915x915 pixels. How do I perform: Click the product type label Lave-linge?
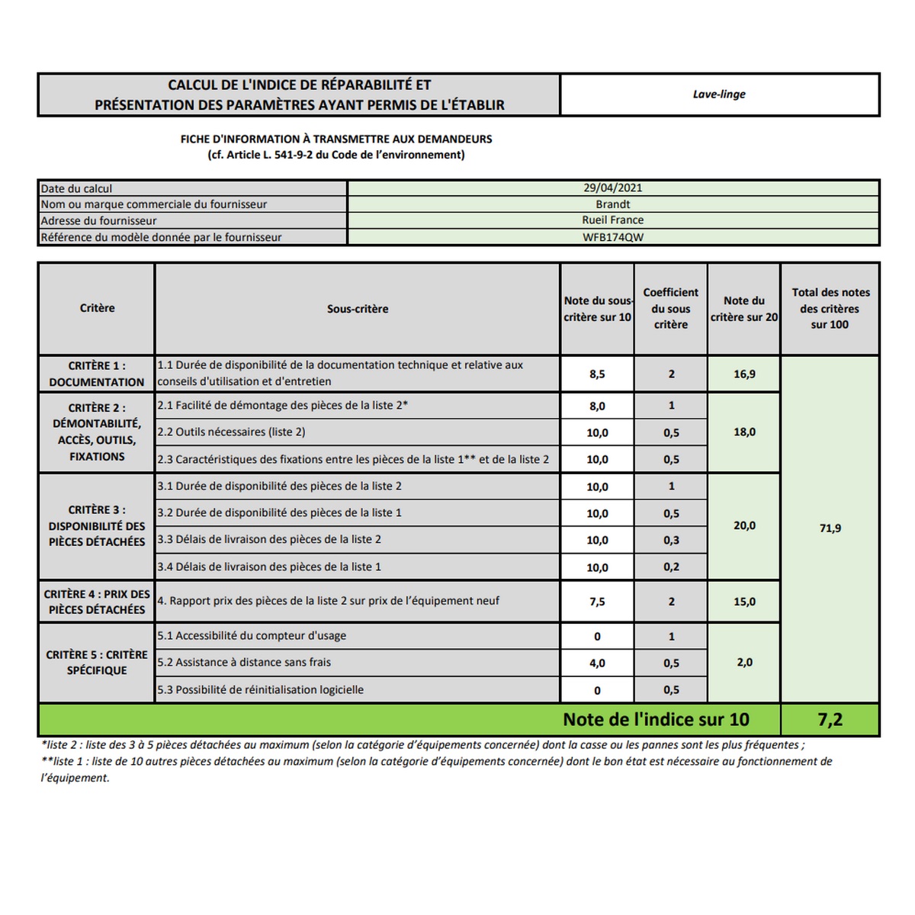(x=719, y=95)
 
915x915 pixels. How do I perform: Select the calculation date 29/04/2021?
(x=613, y=188)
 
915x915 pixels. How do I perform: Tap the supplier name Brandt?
(x=613, y=204)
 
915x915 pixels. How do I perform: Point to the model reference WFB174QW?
(x=613, y=237)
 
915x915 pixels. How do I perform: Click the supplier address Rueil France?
(x=613, y=220)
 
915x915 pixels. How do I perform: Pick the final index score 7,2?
(x=830, y=720)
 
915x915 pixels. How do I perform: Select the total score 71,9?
(x=830, y=528)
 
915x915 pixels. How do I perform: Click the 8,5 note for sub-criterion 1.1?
(x=597, y=374)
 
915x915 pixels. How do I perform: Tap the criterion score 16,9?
(x=744, y=374)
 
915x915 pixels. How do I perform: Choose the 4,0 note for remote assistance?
(x=597, y=663)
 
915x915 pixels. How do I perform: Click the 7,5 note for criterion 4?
(x=597, y=602)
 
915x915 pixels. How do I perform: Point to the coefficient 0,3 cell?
(x=671, y=541)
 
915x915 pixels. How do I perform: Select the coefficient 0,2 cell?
(x=671, y=567)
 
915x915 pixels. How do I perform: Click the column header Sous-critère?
(x=358, y=309)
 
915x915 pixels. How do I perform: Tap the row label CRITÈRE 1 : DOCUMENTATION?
(x=97, y=374)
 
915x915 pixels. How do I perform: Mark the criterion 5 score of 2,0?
(x=744, y=663)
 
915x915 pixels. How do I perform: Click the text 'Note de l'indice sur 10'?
(x=656, y=720)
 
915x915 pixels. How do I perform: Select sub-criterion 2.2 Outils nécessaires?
(x=232, y=432)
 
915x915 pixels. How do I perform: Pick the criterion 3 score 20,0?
(x=744, y=526)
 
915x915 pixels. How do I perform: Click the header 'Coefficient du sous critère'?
(x=671, y=308)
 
